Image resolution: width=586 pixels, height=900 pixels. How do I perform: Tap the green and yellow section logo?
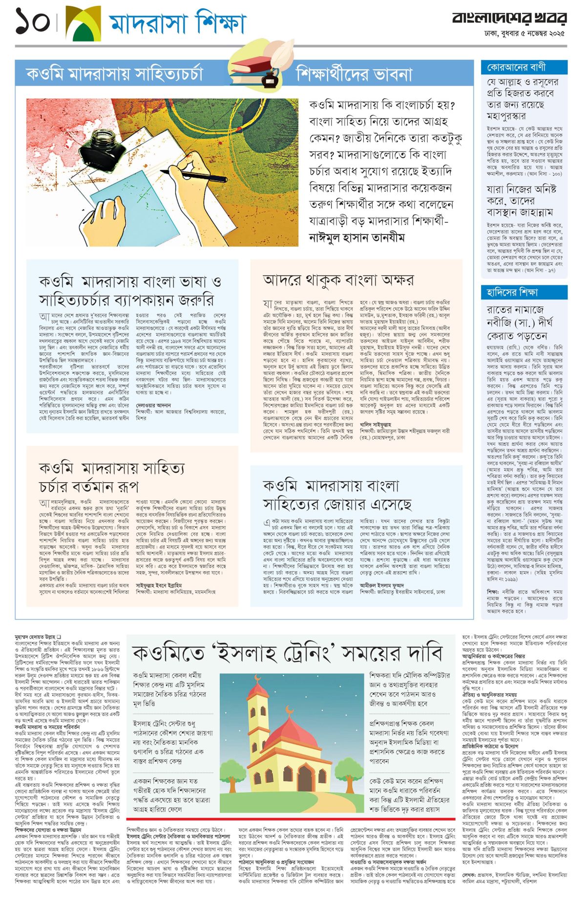[x=83, y=23]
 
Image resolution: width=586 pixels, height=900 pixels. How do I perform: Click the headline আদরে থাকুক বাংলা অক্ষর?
[x=338, y=280]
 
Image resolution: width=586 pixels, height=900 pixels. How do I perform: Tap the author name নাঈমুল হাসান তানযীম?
[x=357, y=237]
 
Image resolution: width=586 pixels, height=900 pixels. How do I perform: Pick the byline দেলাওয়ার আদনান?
[x=153, y=405]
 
